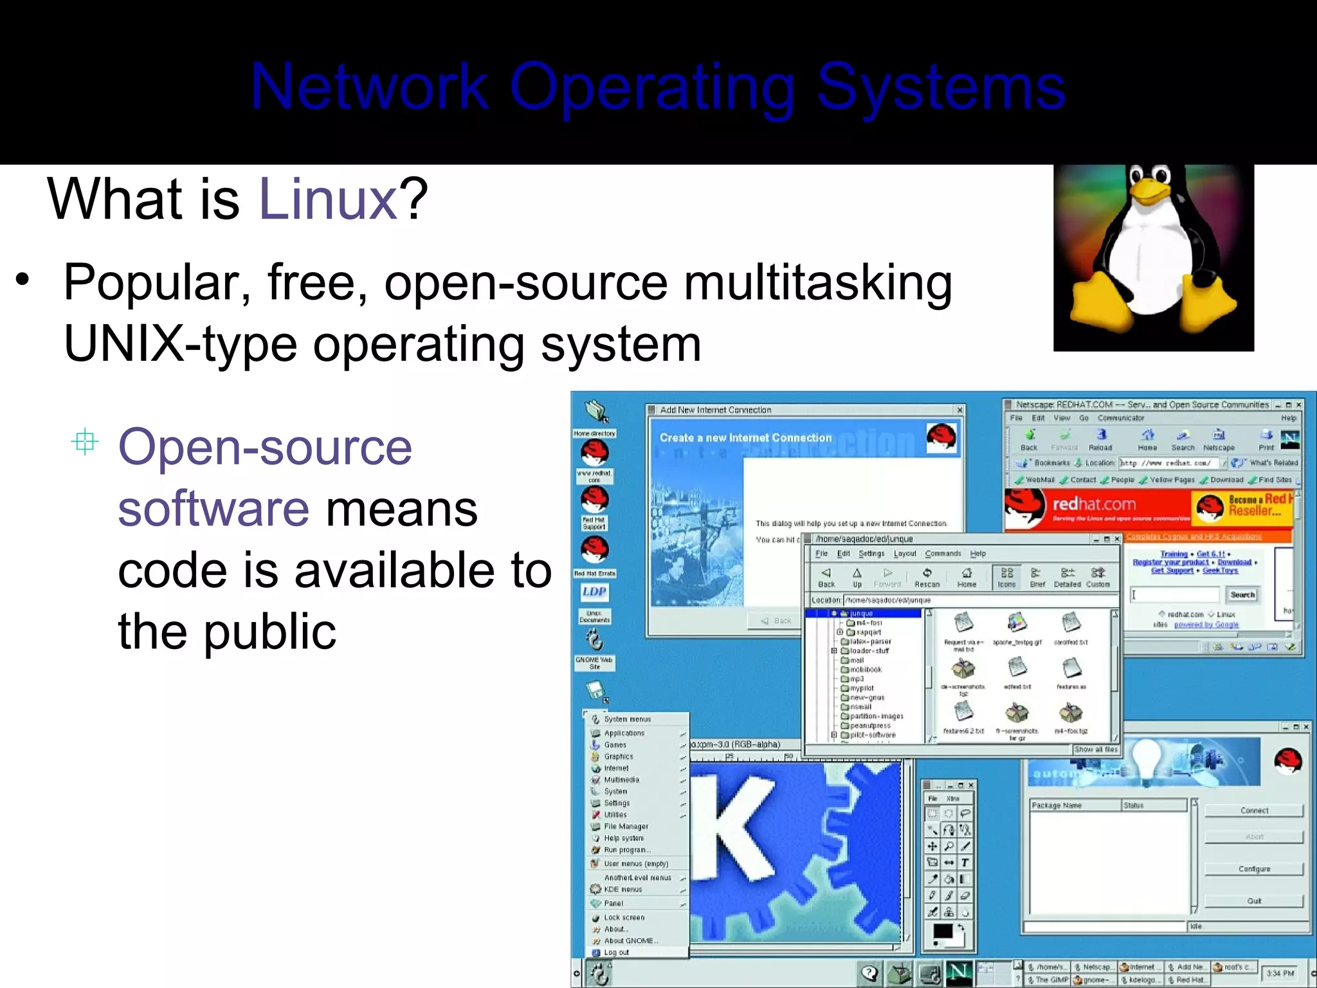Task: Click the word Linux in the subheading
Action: (328, 199)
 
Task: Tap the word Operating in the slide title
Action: (653, 87)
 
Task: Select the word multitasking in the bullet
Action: (817, 283)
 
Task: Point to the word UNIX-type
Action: (180, 345)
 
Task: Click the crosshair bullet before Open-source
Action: (85, 443)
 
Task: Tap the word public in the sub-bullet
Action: (269, 632)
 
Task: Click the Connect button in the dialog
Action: (1254, 810)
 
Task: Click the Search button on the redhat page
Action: (1242, 595)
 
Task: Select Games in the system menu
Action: (615, 745)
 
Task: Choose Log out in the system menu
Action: (616, 952)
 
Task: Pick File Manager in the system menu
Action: (626, 827)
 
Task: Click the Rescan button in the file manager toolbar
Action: (927, 577)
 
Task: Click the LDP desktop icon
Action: (594, 592)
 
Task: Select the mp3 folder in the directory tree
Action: (856, 679)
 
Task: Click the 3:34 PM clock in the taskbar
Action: (1280, 973)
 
